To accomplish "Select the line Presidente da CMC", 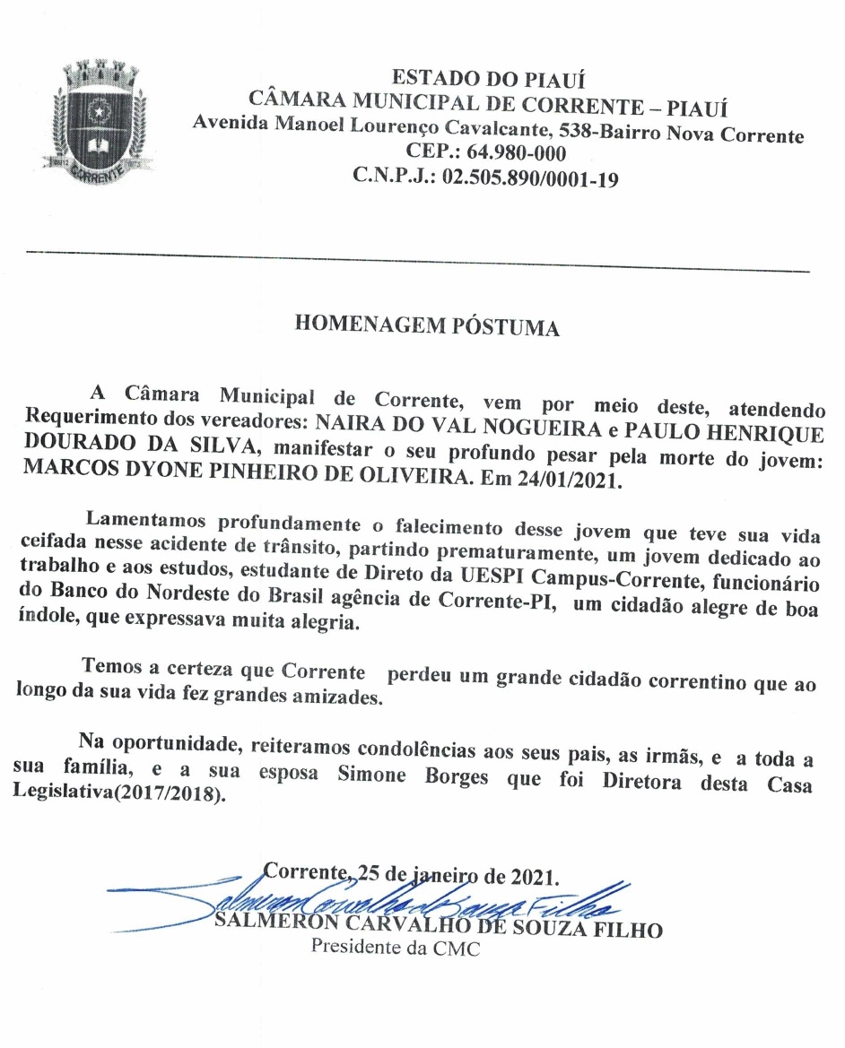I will tap(395, 948).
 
